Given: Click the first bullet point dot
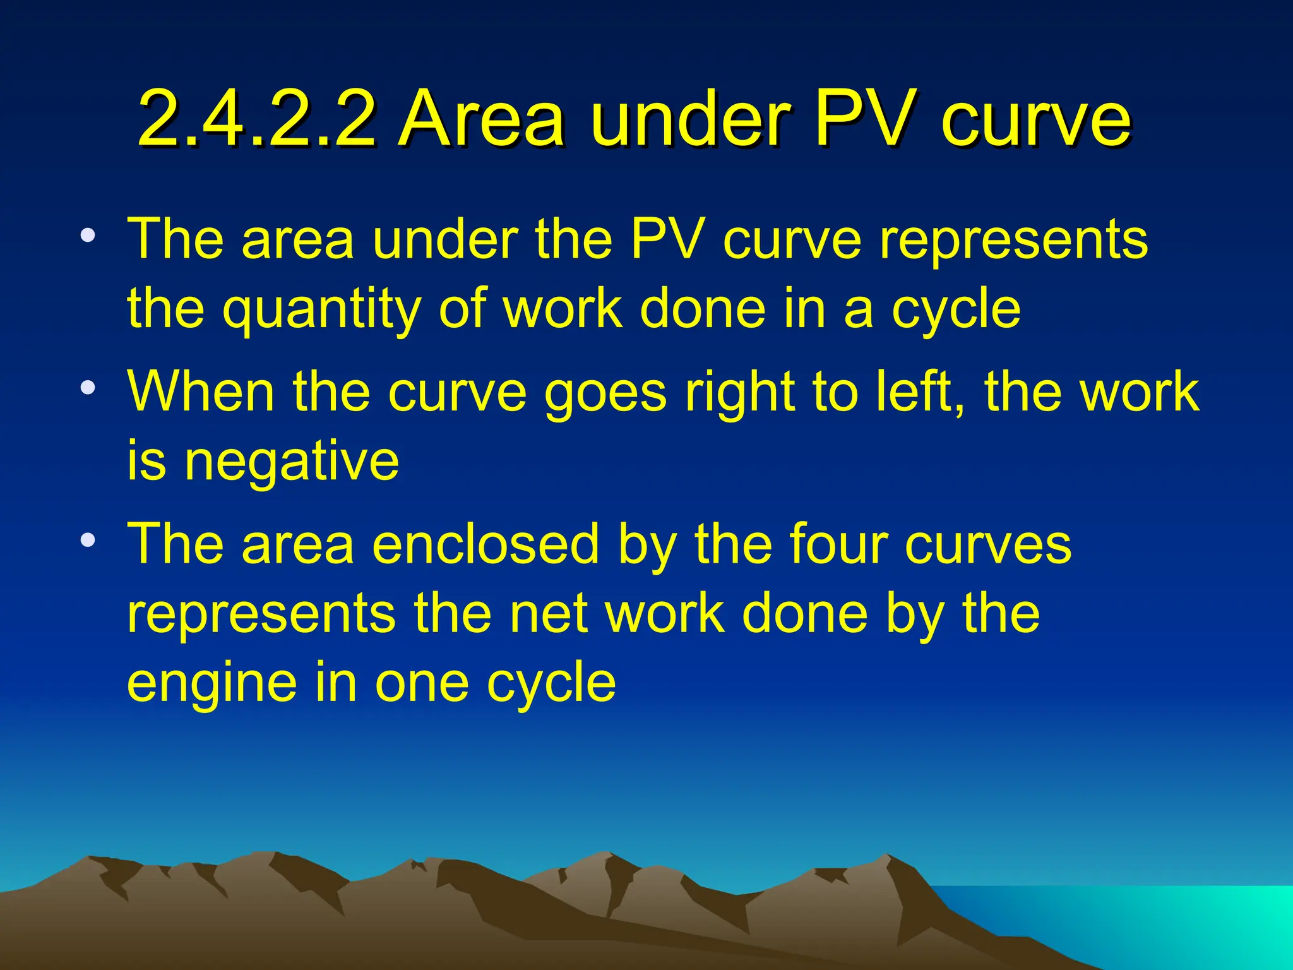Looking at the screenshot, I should [x=88, y=237].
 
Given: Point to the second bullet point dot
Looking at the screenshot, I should [x=88, y=386].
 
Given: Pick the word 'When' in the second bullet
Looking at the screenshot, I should [x=201, y=392].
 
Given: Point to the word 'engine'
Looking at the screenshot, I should [x=212, y=684].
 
